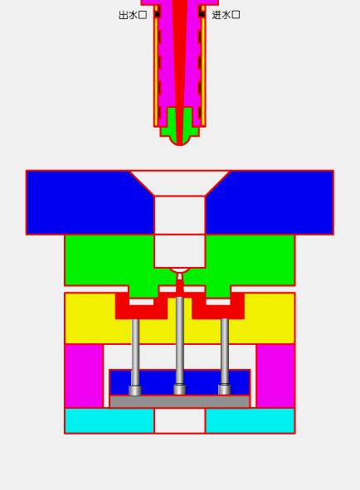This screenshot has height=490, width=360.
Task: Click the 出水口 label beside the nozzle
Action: pos(133,15)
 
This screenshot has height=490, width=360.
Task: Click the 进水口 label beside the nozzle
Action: pos(226,15)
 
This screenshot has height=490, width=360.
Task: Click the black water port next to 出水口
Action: pos(157,14)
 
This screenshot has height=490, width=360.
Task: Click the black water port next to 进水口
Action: pos(202,14)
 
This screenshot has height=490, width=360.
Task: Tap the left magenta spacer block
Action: pos(84,376)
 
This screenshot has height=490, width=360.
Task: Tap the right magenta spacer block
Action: pos(275,376)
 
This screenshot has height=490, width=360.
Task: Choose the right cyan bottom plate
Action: pos(250,420)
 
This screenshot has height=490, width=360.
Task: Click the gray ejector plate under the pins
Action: pos(179,402)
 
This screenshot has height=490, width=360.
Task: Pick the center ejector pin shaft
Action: pos(179,340)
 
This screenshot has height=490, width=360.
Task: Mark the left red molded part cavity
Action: pos(141,310)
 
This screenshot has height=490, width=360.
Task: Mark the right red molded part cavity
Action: pos(218,310)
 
